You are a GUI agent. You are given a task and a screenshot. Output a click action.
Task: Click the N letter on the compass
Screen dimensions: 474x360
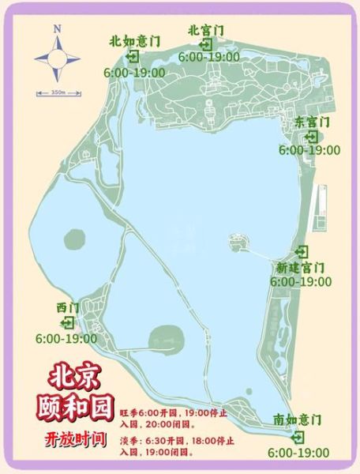coord(57,29)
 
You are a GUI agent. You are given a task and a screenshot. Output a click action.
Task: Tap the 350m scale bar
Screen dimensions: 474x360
coord(57,92)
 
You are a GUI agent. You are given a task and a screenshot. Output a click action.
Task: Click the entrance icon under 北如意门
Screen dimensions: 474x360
coord(133,56)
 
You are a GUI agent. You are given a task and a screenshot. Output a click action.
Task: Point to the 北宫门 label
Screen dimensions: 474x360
coord(205,30)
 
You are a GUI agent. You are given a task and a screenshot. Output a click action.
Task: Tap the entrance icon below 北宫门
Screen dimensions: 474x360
coord(206,44)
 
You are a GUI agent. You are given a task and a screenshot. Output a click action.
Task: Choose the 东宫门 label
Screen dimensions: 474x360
coord(312,122)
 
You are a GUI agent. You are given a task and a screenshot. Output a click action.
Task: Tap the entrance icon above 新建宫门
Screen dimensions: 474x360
coord(302,252)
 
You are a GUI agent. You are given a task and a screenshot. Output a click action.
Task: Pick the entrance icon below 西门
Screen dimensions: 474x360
coord(67,323)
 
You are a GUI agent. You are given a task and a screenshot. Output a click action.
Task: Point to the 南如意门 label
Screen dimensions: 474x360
coord(298,419)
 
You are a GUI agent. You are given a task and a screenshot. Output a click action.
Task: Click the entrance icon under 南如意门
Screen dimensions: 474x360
coord(298,436)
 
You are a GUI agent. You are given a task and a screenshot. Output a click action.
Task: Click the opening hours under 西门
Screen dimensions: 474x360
coord(67,338)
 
